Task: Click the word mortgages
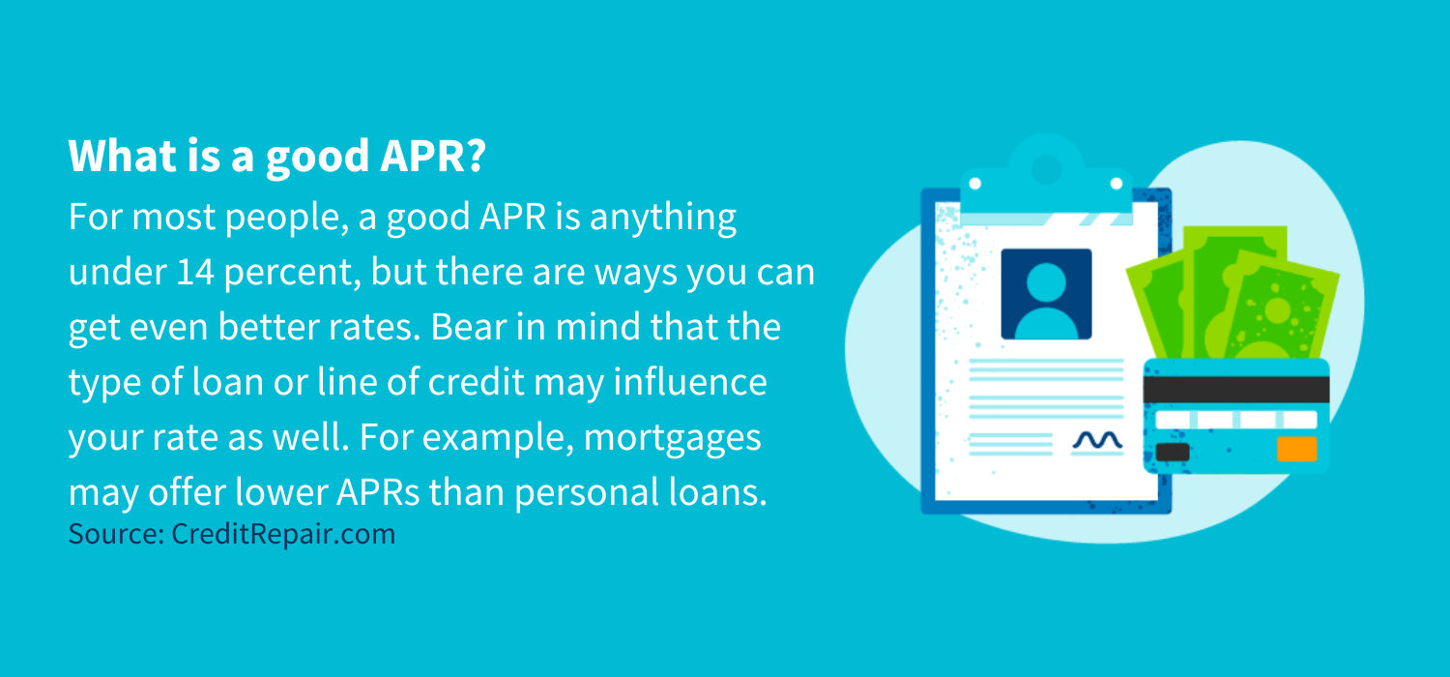[673, 438]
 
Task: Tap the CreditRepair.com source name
[283, 534]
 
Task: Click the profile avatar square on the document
[1046, 294]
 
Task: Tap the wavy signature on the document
[1097, 441]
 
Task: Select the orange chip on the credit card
[1296, 450]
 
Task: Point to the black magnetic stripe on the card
[1236, 389]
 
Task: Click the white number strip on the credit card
[1236, 420]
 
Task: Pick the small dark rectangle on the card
[1173, 452]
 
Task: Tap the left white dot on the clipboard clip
[975, 183]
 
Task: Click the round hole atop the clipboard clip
[1045, 168]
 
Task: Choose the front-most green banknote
[1276, 309]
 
